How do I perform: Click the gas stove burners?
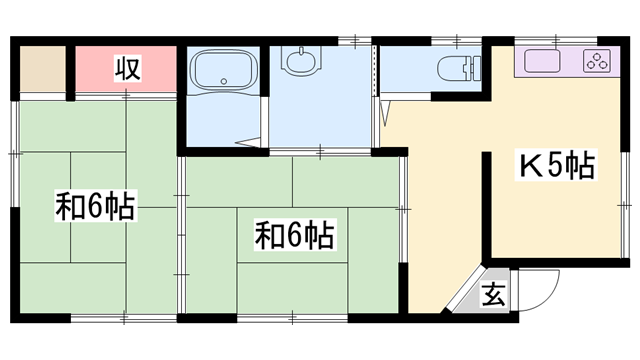point(597,62)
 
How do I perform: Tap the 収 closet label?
point(125,69)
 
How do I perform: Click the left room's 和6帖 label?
point(95,208)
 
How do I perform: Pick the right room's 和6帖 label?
point(293,236)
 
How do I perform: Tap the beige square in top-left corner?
point(40,68)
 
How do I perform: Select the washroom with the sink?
point(320,110)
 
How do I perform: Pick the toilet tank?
point(476,68)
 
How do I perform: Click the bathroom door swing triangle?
point(250,143)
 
